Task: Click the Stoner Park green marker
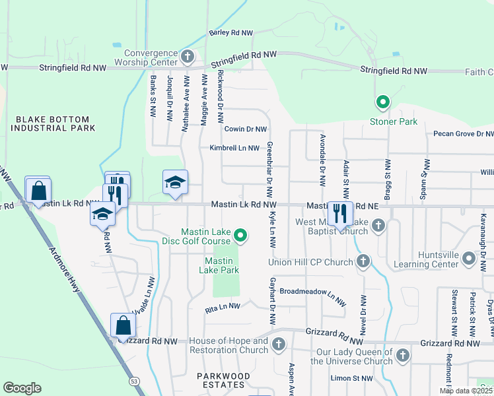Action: tap(382, 102)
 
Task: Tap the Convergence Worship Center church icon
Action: tap(187, 56)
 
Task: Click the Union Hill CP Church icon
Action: tap(363, 262)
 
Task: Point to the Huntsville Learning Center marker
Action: tap(468, 259)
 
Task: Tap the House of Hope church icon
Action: tap(279, 344)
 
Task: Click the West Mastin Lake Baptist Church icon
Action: tap(378, 226)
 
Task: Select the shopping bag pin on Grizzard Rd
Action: tap(123, 325)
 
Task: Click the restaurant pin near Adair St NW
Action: tap(340, 213)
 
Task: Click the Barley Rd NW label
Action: tap(230, 32)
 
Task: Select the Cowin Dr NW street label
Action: tap(245, 130)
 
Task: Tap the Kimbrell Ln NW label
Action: tap(235, 148)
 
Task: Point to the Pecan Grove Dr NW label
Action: tap(463, 134)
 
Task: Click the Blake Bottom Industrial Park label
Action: tap(52, 123)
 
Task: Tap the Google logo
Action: tap(22, 388)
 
